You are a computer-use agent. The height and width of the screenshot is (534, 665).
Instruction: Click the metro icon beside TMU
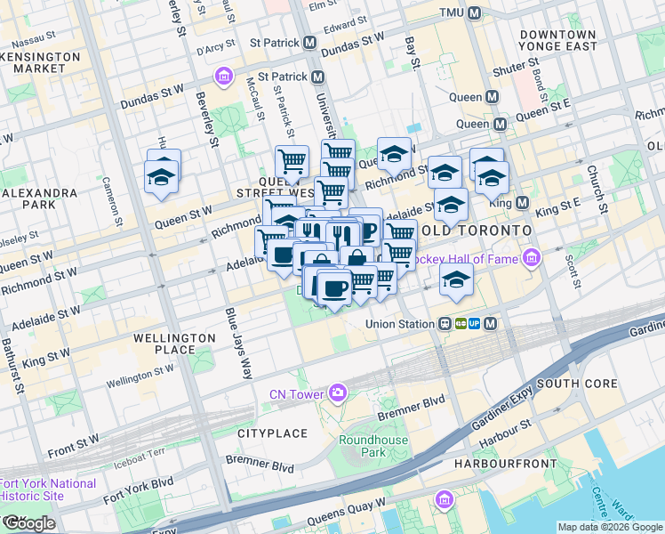click(x=475, y=13)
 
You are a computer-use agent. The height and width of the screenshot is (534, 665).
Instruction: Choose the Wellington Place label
click(x=174, y=344)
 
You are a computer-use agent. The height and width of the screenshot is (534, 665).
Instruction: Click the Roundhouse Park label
click(x=373, y=446)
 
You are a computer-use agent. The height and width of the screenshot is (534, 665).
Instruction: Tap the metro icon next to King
click(x=522, y=203)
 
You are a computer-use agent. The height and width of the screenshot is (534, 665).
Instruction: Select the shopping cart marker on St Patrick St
click(x=292, y=161)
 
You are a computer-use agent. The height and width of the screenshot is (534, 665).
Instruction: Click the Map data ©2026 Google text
click(x=610, y=527)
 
